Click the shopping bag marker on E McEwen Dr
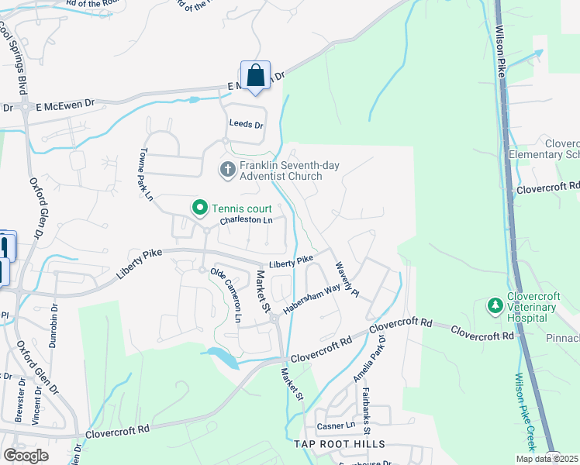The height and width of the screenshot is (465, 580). [255, 76]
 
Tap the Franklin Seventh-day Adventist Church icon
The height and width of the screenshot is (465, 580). [227, 169]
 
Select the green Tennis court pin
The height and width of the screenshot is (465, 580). [199, 208]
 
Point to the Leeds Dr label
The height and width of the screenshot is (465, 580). [246, 124]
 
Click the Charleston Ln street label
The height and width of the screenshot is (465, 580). [246, 221]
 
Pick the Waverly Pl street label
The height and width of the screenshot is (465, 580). [346, 278]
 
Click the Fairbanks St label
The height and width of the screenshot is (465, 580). [366, 410]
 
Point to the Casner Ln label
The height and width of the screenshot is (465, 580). [335, 426]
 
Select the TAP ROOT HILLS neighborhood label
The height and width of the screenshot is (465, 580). [339, 444]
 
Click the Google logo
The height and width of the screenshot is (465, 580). [26, 456]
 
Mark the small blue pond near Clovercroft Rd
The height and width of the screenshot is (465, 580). [220, 357]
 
